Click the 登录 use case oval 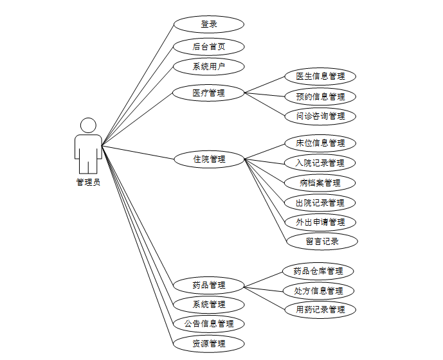[209, 24]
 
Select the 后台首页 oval [209, 46]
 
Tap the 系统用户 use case [209, 66]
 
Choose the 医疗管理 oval [209, 93]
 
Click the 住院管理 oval [209, 159]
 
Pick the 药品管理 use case [209, 285]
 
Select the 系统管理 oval [209, 304]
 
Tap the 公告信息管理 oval [209, 323]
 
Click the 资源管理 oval [209, 343]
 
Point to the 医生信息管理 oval [320, 76]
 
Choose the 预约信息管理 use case [320, 96]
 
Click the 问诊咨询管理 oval [320, 116]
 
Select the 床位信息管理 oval [320, 143]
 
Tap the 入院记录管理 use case [320, 163]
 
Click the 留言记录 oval [321, 242]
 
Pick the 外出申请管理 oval [320, 222]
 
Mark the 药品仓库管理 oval [318, 271]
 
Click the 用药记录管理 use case [320, 310]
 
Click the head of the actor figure [88, 125]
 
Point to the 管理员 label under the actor [88, 182]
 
